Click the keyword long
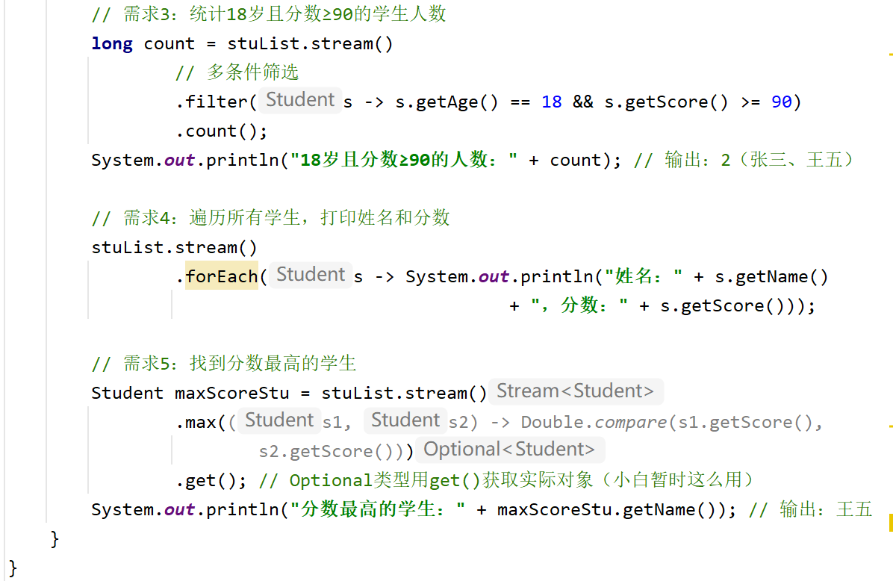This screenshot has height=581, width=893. click(112, 44)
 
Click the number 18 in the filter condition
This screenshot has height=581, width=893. click(551, 102)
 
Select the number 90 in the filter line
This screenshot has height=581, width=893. click(781, 102)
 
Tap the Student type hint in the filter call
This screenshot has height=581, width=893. click(300, 99)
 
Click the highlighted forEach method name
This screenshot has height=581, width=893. click(222, 276)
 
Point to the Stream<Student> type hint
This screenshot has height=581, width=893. click(575, 391)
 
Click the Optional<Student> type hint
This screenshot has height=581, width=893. click(509, 450)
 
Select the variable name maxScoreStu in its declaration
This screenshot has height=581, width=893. click(231, 393)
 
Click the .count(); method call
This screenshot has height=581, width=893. click(222, 131)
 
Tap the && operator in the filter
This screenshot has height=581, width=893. click(582, 102)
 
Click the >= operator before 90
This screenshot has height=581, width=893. click(750, 102)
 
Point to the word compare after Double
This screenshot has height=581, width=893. click(630, 423)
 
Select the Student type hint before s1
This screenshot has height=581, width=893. click(279, 420)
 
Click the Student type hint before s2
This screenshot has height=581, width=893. click(405, 420)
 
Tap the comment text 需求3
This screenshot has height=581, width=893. click(146, 13)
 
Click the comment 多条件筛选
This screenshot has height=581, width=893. click(252, 72)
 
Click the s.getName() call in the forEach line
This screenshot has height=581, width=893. click(771, 277)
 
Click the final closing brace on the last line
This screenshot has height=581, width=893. click(13, 568)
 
